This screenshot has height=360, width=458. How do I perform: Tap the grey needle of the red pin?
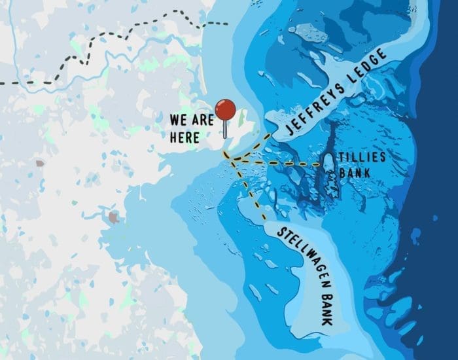pyautogui.click(x=225, y=128)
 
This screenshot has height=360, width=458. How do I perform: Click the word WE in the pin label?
pyautogui.click(x=178, y=120)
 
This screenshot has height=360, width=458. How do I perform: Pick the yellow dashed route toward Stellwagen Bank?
pyautogui.click(x=252, y=193)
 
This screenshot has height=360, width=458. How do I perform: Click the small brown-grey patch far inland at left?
pyautogui.click(x=41, y=162)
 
